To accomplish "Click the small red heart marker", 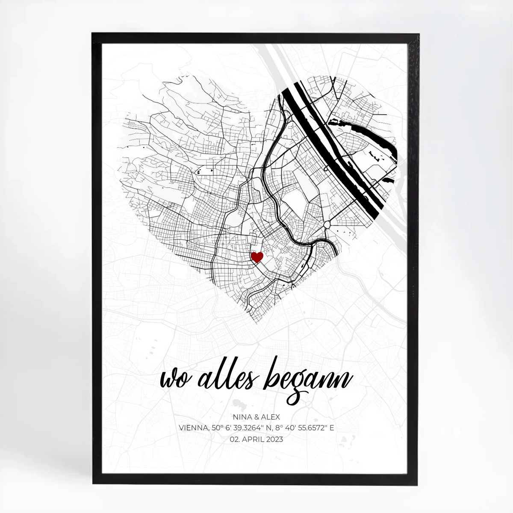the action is click(256, 257).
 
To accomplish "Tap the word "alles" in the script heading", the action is click(226, 376).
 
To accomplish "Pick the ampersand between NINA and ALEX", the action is click(255, 417).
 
